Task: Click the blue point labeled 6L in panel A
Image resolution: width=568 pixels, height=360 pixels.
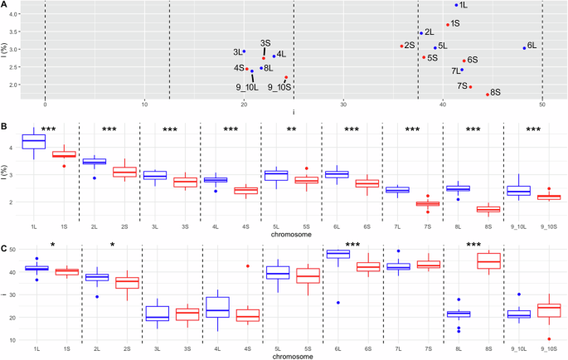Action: tap(524, 48)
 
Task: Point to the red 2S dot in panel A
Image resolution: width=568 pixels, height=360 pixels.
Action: tap(401, 46)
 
